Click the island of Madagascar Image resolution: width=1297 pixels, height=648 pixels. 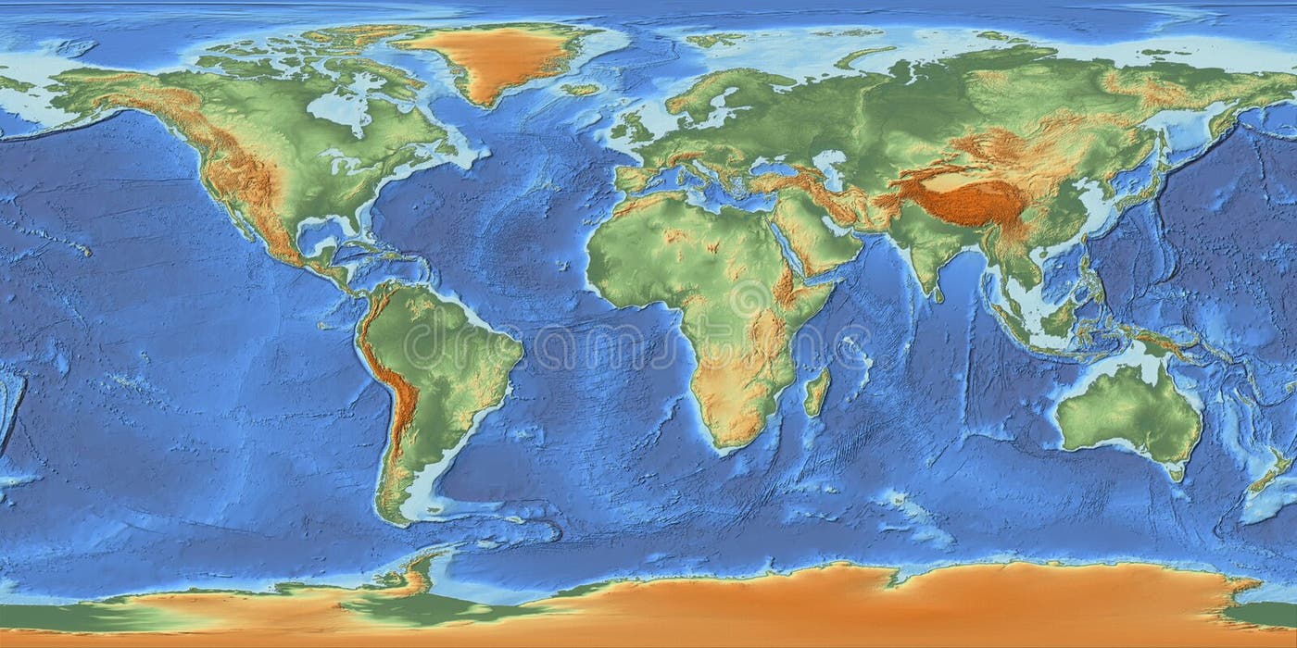coord(816,393)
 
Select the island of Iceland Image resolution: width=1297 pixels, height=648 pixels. coord(581,90)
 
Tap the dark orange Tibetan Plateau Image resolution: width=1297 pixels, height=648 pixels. coord(963,199)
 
